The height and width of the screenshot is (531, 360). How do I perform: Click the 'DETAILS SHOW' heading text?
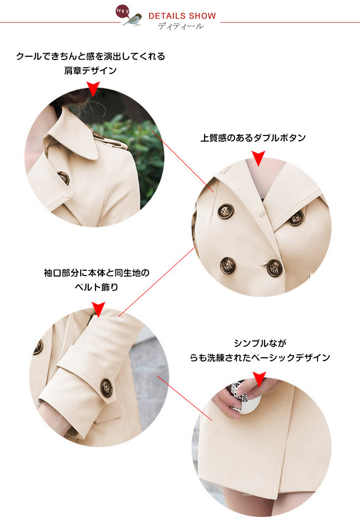tap(182, 16)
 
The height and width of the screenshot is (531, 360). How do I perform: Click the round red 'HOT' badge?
tap(122, 12)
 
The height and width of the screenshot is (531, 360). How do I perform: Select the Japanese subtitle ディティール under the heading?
tap(181, 26)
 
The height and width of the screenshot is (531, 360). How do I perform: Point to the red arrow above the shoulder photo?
tap(93, 89)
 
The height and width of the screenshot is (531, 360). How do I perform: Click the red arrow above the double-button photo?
tap(258, 158)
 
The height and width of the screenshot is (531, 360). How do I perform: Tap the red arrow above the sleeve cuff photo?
tap(98, 309)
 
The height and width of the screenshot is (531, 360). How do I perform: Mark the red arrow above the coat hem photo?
tap(259, 379)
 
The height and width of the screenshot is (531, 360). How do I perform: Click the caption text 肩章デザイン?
tap(90, 71)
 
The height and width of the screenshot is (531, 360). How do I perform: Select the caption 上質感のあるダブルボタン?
tap(253, 138)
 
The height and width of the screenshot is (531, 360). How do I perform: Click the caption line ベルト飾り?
tap(96, 287)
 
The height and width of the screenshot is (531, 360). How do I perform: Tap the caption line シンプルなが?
tap(260, 343)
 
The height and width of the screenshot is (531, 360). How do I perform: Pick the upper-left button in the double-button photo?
tap(225, 211)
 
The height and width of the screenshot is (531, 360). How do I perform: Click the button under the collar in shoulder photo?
tap(63, 178)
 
